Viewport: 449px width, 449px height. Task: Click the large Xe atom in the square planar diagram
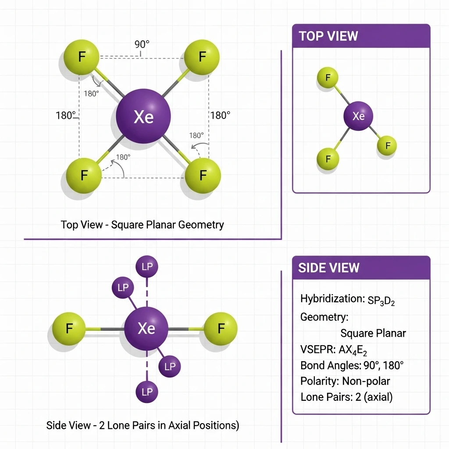(x=143, y=117)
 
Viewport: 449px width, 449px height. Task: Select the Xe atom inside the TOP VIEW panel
(x=358, y=116)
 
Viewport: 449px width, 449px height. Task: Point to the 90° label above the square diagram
(x=142, y=45)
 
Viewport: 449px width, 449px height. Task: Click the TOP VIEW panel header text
(x=328, y=36)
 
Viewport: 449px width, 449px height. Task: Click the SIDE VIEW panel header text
(x=328, y=268)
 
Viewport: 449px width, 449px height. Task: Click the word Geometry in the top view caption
(x=201, y=225)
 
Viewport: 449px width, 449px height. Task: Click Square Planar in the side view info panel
(x=373, y=333)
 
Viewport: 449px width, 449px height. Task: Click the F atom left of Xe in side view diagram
(x=69, y=328)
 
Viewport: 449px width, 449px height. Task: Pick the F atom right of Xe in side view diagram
(x=221, y=328)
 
